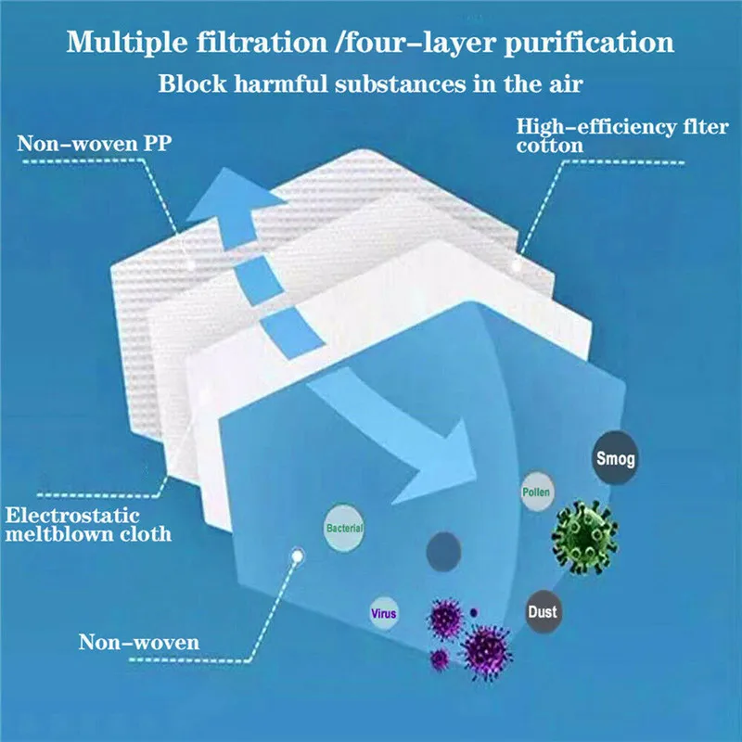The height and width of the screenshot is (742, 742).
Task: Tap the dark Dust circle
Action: pos(543,611)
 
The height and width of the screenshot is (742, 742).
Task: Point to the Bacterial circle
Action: pos(344,529)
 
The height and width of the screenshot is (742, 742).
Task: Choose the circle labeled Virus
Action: pos(383,614)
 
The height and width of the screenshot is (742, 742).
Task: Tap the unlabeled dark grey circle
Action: pos(442,554)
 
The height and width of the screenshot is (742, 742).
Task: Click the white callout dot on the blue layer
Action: pos(298,557)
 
